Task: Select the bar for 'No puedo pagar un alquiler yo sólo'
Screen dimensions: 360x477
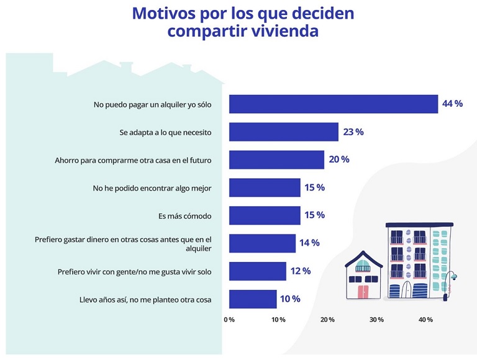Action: (x=334, y=104)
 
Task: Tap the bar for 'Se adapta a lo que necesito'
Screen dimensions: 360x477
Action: (x=284, y=132)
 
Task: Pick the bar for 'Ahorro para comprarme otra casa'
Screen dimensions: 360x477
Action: (x=276, y=160)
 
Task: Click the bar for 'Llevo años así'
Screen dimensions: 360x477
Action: (x=253, y=299)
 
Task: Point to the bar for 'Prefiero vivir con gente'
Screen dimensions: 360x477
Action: (x=258, y=271)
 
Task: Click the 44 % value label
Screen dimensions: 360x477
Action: (x=452, y=104)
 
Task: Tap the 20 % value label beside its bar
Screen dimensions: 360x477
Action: (x=338, y=160)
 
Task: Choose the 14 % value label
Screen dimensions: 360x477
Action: (x=309, y=243)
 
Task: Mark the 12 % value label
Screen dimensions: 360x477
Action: (x=300, y=271)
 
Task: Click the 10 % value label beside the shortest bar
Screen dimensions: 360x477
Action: (x=290, y=299)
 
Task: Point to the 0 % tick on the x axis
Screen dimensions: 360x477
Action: (x=229, y=320)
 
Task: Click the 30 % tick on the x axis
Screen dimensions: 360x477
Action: (x=376, y=320)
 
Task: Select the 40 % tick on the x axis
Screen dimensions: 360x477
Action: (x=425, y=320)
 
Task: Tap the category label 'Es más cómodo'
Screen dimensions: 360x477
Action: (x=185, y=216)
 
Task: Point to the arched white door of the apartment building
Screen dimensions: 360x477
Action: (x=407, y=290)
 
